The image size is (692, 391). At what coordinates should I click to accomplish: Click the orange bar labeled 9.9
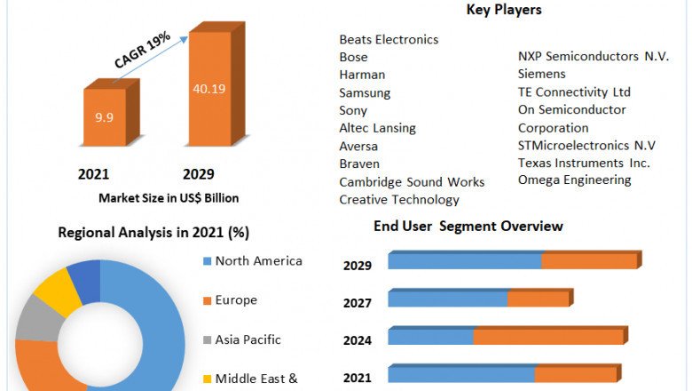105,116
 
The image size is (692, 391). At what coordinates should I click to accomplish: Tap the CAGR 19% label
143,50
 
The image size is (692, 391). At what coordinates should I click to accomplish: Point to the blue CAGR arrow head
184,36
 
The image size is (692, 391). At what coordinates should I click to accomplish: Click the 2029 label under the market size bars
198,174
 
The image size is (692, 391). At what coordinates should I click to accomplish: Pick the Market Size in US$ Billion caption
169,197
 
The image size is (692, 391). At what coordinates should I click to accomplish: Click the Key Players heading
504,10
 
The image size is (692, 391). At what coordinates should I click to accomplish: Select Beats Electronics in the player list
389,39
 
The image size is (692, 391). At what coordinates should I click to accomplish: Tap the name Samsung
365,92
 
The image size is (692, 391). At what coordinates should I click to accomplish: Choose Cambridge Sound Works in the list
412,181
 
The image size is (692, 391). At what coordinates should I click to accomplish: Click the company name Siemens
541,74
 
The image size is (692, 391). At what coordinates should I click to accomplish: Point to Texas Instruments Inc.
584,163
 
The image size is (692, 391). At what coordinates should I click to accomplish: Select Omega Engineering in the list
574,180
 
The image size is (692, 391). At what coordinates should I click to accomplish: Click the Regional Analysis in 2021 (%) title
153,233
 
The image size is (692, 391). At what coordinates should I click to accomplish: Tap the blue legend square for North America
207,261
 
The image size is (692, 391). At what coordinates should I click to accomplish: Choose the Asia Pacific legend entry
248,339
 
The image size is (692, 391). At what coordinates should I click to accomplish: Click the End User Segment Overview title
468,226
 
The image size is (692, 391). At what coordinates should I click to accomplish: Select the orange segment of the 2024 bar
547,336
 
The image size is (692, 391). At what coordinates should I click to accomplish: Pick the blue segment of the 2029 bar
464,261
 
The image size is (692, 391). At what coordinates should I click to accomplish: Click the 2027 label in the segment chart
358,302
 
